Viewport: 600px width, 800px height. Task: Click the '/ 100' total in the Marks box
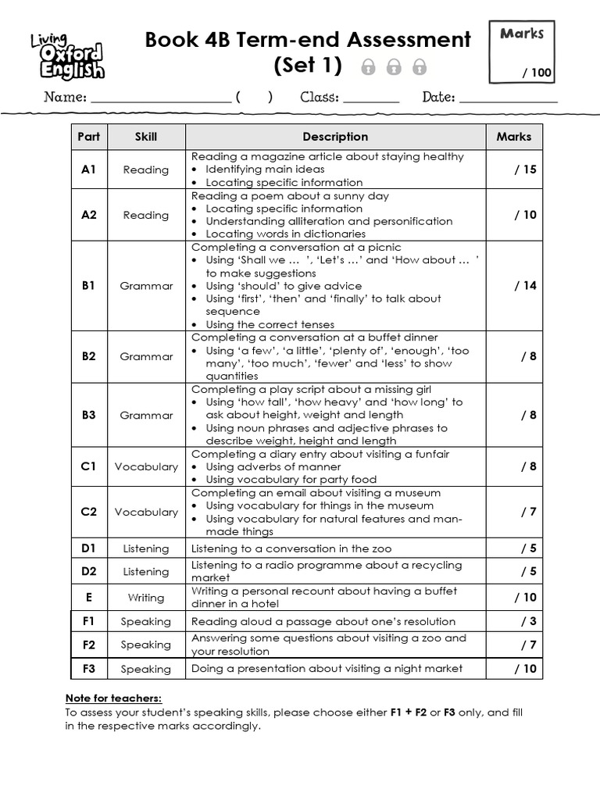coord(537,73)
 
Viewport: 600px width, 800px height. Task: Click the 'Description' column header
coord(335,137)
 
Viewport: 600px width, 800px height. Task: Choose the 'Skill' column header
coord(145,137)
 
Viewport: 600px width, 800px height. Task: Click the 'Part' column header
coord(89,137)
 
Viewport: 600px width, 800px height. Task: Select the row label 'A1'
coord(89,170)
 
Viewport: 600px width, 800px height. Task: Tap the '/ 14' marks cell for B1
coord(525,286)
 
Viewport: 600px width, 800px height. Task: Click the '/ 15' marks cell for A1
coord(525,170)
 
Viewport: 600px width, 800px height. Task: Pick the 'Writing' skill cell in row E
coord(145,598)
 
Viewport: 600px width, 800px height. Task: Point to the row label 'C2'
coord(89,512)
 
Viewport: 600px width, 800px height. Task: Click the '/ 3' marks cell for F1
coord(528,622)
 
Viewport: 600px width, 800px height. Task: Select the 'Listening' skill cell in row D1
coord(145,549)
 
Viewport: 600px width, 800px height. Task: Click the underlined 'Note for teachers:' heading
coord(113,698)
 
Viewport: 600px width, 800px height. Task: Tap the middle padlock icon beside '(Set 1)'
coord(395,67)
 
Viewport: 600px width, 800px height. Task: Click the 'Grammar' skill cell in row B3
coord(145,416)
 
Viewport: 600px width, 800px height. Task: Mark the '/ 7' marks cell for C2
coord(528,512)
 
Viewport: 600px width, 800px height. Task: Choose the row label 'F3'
coord(89,669)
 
